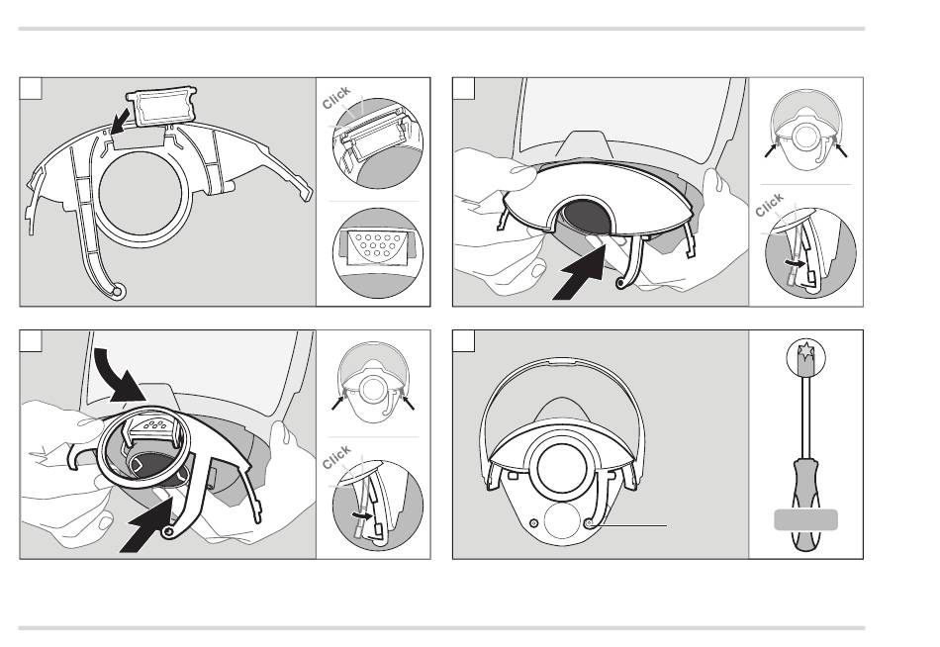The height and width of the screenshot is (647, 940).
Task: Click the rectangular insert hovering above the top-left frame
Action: [x=162, y=106]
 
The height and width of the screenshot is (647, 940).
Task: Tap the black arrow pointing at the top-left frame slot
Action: [x=120, y=120]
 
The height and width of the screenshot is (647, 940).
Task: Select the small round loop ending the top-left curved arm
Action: [x=117, y=293]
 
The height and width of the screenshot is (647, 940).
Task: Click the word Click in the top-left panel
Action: [x=336, y=98]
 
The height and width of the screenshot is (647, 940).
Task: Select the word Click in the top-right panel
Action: [x=769, y=205]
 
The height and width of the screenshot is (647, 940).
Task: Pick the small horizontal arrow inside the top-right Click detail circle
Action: [x=796, y=262]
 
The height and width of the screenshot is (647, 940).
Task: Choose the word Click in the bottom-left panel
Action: [x=336, y=457]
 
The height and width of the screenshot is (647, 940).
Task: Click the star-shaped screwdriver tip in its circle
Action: [x=805, y=351]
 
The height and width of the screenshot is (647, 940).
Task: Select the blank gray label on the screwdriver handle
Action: [x=805, y=520]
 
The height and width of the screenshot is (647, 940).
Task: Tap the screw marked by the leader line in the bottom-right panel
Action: [x=589, y=524]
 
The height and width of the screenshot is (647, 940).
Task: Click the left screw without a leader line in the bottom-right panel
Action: [x=533, y=523]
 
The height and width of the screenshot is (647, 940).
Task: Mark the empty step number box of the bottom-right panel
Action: [x=463, y=341]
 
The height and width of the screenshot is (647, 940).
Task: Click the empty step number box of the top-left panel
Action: [x=32, y=88]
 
